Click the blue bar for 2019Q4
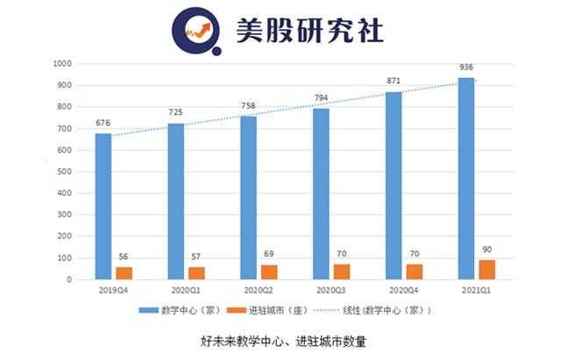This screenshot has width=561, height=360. coord(103,207)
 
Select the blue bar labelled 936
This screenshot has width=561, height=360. coord(467,179)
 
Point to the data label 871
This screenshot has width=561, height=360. coord(394,81)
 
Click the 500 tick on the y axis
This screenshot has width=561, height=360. coord(62,172)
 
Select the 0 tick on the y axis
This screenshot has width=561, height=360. coord(67,279)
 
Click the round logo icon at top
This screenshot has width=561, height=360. coord(201,30)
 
